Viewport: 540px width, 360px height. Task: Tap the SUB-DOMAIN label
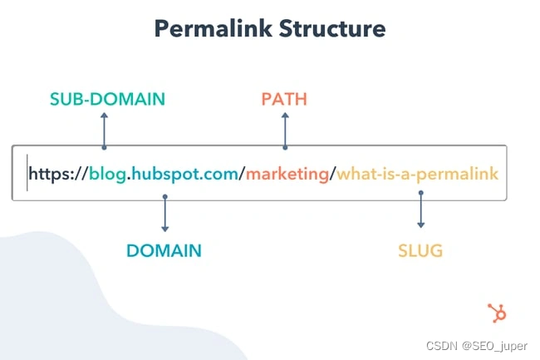[106, 100]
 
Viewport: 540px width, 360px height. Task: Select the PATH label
[284, 100]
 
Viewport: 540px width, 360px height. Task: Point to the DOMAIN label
[164, 250]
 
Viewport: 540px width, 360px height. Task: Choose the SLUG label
[420, 250]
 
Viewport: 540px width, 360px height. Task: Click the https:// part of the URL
[58, 174]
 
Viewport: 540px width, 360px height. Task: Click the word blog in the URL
[108, 174]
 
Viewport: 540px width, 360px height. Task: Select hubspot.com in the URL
[185, 174]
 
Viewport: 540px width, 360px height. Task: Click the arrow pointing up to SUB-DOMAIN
[104, 130]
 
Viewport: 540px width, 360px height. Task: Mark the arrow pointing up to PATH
[285, 130]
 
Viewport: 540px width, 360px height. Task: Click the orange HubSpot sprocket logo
[497, 313]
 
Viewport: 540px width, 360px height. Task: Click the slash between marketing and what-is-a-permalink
[334, 174]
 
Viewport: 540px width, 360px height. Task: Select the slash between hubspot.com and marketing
[242, 174]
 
